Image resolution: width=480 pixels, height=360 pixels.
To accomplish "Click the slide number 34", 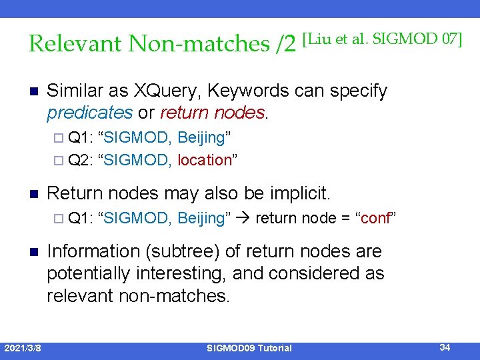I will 445,347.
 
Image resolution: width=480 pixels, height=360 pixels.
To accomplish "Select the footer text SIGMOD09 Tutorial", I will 249,348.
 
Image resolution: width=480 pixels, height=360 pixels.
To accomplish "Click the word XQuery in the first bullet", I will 167,91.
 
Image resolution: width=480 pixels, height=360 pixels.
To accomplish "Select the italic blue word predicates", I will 89,113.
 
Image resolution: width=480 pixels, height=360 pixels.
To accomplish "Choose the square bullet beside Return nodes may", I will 33,194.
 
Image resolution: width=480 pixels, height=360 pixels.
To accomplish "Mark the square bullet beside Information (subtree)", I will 33,252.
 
